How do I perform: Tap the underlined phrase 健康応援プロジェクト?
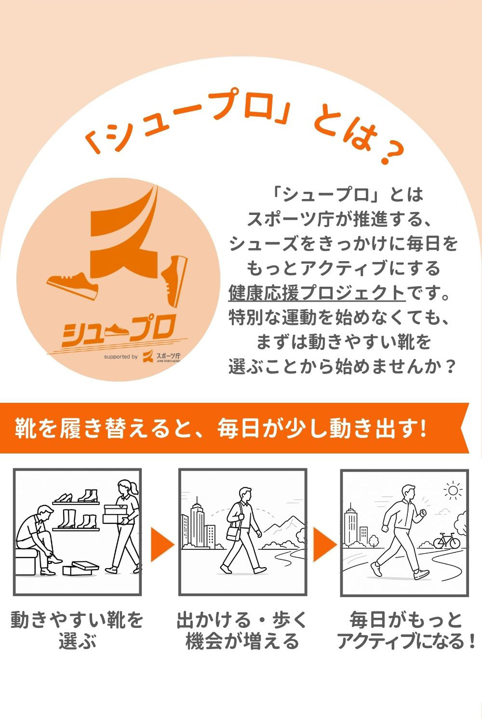317,293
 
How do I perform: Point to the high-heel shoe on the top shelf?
63,497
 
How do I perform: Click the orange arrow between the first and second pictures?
162,545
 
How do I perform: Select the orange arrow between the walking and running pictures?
324,545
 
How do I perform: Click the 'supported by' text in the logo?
120,357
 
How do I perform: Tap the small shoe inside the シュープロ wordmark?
117,330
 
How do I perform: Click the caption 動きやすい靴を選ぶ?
77,630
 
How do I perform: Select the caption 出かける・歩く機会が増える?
242,630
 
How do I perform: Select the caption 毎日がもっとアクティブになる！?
406,630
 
